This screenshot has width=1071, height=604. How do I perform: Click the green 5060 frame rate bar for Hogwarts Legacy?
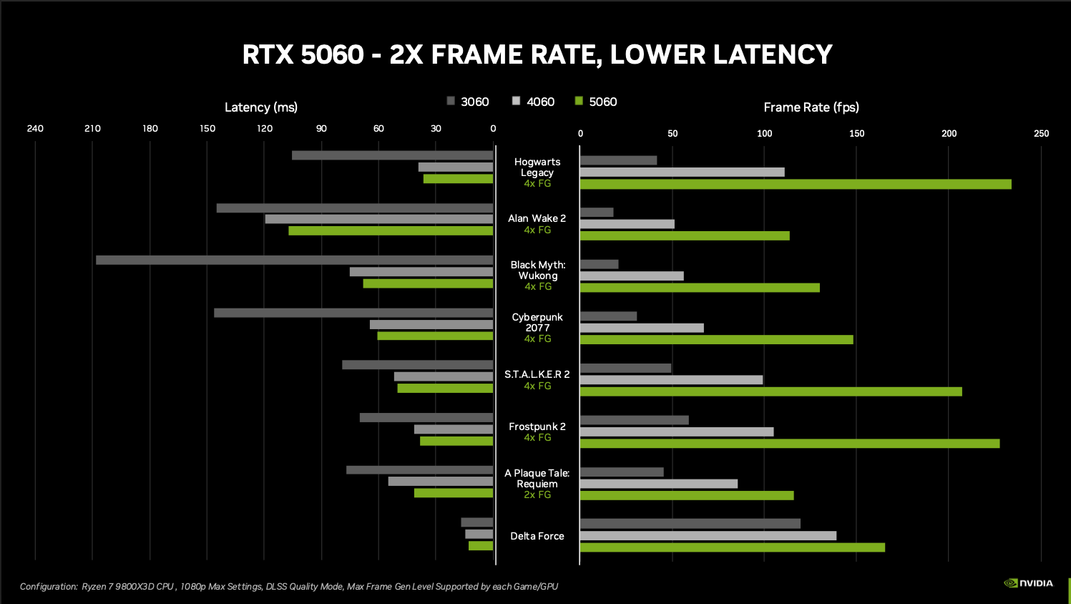point(795,185)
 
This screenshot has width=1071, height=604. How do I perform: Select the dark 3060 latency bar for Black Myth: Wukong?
point(294,260)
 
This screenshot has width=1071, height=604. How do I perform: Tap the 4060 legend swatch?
point(516,101)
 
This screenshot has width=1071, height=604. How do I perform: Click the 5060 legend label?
point(602,102)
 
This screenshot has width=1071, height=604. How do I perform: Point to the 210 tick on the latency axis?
point(92,129)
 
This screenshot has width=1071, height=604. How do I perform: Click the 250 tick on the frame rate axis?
point(1041,134)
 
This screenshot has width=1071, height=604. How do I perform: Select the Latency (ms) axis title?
point(260,107)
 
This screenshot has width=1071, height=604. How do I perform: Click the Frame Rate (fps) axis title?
point(811,107)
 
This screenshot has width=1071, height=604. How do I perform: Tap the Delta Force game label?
point(537,536)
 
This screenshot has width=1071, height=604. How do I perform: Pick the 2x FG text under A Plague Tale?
point(537,495)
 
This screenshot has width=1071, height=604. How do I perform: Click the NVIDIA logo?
point(1028,583)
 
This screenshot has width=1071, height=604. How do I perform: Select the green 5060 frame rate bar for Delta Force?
point(732,547)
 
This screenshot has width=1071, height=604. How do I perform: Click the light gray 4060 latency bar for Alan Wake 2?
point(378,219)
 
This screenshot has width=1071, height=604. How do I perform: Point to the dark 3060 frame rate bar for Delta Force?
point(690,524)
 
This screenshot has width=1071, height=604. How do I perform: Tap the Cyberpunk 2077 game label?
point(537,322)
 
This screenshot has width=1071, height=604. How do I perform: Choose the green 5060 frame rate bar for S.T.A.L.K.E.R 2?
point(771,391)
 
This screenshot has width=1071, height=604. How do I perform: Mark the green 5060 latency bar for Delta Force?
point(481,546)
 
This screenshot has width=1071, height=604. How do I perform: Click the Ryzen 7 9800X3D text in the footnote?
point(127,587)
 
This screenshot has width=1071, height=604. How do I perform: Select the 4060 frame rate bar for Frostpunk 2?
point(676,432)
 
